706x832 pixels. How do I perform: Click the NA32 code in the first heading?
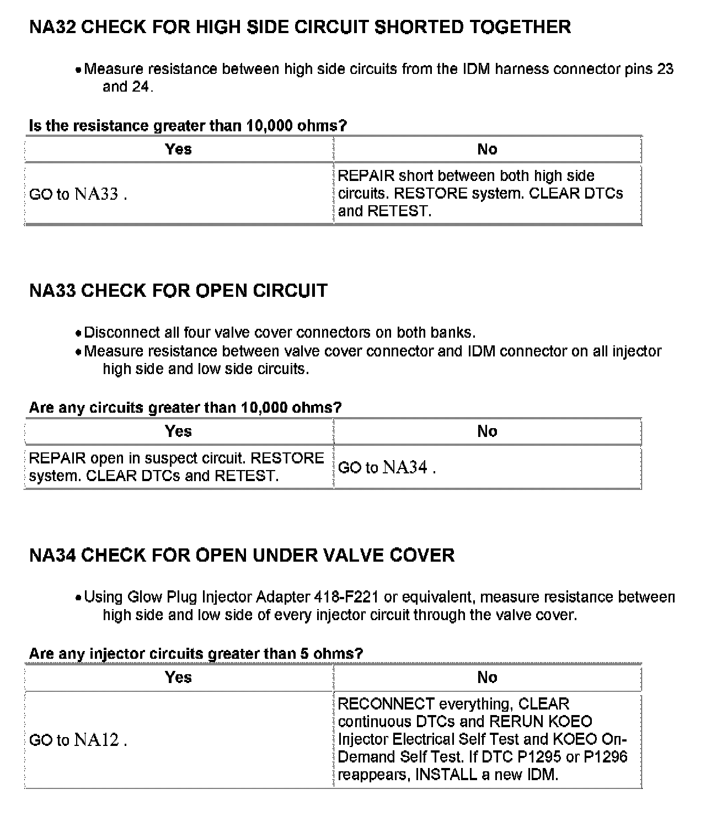52,27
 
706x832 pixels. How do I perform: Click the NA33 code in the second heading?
52,291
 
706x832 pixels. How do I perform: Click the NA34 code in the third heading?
52,555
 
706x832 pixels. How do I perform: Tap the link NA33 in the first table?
97,194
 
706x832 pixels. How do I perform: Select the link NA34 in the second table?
405,468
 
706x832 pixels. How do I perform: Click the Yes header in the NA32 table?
178,149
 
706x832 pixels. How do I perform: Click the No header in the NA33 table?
487,431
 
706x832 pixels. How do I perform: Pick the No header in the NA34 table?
487,678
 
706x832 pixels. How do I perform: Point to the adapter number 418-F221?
346,598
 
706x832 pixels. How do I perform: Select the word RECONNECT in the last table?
386,704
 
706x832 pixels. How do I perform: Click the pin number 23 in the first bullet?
665,69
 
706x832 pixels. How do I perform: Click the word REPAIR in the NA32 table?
366,176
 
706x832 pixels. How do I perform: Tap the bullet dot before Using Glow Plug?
79,598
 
